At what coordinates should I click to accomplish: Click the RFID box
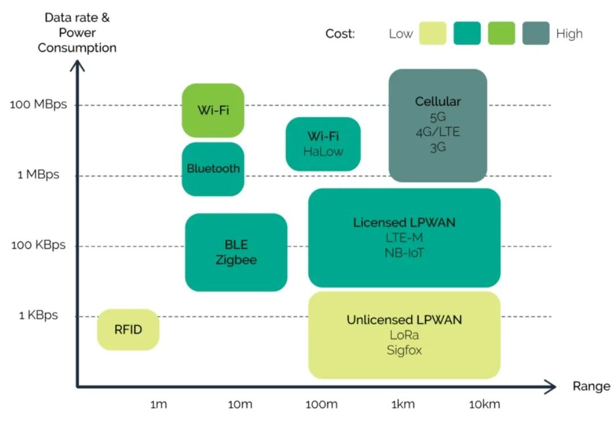click(128, 329)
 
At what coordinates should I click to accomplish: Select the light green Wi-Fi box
click(213, 110)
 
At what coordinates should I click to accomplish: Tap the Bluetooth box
click(213, 169)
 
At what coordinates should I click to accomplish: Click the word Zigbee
click(236, 260)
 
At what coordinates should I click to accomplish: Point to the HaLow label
click(323, 151)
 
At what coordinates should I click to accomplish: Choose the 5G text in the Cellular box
click(437, 117)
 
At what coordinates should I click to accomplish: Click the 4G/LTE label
click(437, 132)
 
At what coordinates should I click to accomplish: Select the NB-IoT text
click(404, 252)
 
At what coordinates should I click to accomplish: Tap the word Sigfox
click(404, 350)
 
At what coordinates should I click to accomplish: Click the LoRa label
click(404, 335)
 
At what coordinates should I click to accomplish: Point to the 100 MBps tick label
click(38, 105)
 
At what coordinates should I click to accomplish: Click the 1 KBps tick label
click(38, 315)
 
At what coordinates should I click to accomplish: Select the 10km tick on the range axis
click(484, 405)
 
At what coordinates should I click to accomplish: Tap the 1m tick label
click(158, 405)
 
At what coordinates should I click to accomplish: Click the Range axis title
click(591, 387)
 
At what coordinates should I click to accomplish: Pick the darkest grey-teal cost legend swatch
click(536, 33)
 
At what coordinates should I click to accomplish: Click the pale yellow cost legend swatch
click(432, 33)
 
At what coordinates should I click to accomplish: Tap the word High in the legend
click(569, 34)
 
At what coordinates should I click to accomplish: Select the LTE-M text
click(404, 237)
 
